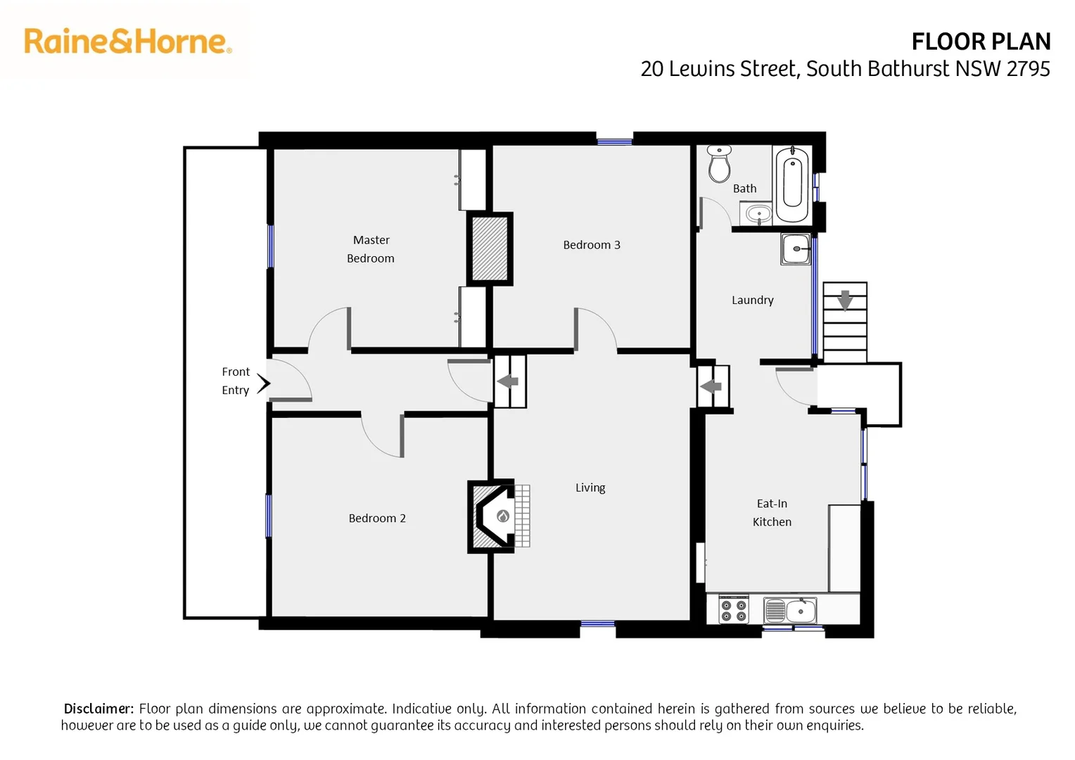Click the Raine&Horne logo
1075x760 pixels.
pyautogui.click(x=127, y=42)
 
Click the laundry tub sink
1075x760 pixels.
pyautogui.click(x=796, y=249)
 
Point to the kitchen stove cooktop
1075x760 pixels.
pyautogui.click(x=733, y=610)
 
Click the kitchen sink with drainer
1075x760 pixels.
pyautogui.click(x=790, y=610)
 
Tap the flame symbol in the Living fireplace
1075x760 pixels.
pyautogui.click(x=503, y=517)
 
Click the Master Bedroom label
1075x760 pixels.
pyautogui.click(x=371, y=249)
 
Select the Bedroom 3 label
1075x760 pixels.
pyautogui.click(x=591, y=245)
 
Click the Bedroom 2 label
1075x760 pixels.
pyautogui.click(x=377, y=518)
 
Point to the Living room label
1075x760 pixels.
pyautogui.click(x=590, y=488)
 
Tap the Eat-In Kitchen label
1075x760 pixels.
pyautogui.click(x=772, y=512)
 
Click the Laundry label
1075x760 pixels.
pyautogui.click(x=752, y=300)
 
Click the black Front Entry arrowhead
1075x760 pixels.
pyautogui.click(x=263, y=384)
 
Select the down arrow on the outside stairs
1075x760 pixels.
pyautogui.click(x=845, y=300)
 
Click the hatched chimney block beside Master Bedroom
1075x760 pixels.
pyautogui.click(x=490, y=248)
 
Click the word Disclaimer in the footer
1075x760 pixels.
pyautogui.click(x=98, y=709)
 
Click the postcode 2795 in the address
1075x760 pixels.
pyautogui.click(x=1028, y=69)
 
